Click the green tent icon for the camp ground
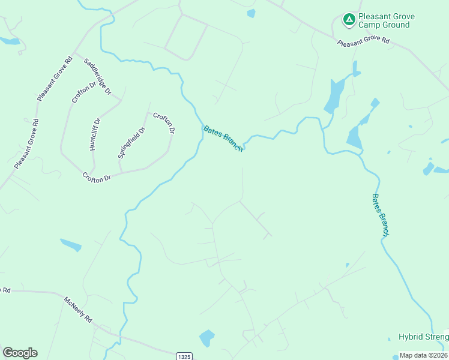[x=348, y=20]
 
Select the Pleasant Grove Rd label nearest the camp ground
[x=363, y=42]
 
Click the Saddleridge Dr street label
[x=98, y=76]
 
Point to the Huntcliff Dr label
[x=95, y=134]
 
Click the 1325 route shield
[x=184, y=356]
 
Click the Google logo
[x=20, y=353]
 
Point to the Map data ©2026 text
[x=424, y=355]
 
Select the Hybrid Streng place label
[x=423, y=337]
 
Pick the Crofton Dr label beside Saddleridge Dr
[x=83, y=93]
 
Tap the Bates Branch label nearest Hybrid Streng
[x=381, y=215]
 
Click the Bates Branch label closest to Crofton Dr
[x=223, y=139]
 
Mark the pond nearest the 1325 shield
[x=206, y=338]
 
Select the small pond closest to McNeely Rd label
[x=71, y=245]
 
